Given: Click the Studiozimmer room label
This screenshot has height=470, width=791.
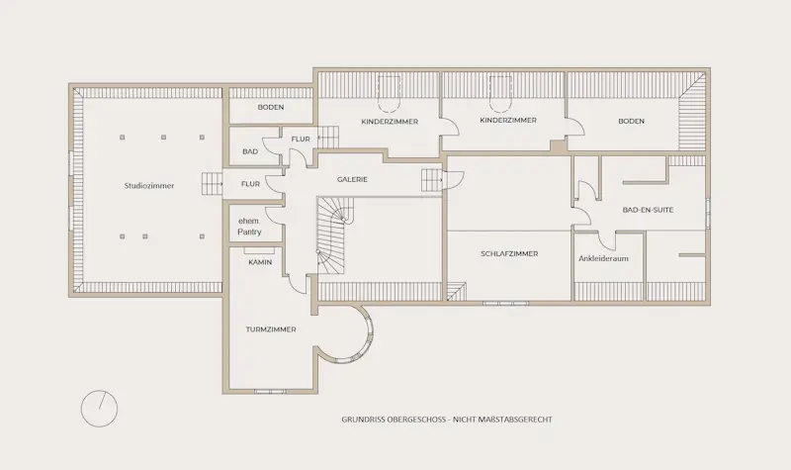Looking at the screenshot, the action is pyautogui.click(x=149, y=186).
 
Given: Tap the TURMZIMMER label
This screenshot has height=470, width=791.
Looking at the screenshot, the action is pyautogui.click(x=271, y=329).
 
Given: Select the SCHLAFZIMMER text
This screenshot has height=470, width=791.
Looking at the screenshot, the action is pyautogui.click(x=509, y=254).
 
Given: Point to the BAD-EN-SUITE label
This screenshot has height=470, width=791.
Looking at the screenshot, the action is pyautogui.click(x=648, y=210).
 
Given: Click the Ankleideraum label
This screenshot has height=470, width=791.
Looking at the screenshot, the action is pyautogui.click(x=603, y=258).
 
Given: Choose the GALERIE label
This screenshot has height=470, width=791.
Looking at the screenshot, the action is pyautogui.click(x=352, y=179).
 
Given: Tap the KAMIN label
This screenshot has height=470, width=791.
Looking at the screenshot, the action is pyautogui.click(x=260, y=262).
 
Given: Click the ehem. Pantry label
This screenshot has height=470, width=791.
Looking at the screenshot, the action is pyautogui.click(x=250, y=227).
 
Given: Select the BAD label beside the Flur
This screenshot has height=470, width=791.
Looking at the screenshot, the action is pyautogui.click(x=250, y=151).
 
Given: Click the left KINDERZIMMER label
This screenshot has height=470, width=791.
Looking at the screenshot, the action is pyautogui.click(x=390, y=122).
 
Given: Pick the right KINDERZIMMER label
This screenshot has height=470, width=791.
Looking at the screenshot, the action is pyautogui.click(x=508, y=120).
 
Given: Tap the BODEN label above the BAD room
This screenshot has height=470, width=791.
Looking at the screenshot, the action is pyautogui.click(x=271, y=107).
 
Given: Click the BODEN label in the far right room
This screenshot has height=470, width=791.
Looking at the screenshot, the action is pyautogui.click(x=631, y=121).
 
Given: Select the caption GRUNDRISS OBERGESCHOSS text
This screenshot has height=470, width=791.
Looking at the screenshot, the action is pyautogui.click(x=394, y=420).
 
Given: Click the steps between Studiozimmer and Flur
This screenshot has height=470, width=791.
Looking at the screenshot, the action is pyautogui.click(x=212, y=184).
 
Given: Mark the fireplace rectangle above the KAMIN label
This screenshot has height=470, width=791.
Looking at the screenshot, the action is pyautogui.click(x=259, y=250).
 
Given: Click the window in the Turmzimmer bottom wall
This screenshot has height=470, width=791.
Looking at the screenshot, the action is pyautogui.click(x=270, y=391).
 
